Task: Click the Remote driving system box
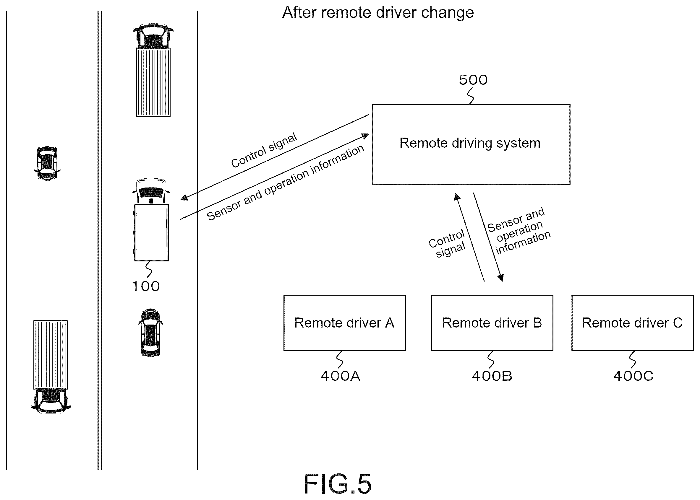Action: [x=471, y=144]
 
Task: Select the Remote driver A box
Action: [x=344, y=323]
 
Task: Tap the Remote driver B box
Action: [x=492, y=323]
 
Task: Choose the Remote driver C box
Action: [x=633, y=323]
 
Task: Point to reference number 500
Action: [x=473, y=80]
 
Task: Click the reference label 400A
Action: [x=340, y=376]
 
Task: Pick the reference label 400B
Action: [x=492, y=376]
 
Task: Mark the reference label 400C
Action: [x=633, y=376]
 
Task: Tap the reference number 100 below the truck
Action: [x=146, y=286]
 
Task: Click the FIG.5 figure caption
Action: [x=338, y=484]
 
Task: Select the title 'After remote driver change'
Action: [x=378, y=13]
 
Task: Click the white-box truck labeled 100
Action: [x=151, y=219]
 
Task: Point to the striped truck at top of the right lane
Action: [x=153, y=70]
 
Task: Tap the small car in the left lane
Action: [x=47, y=163]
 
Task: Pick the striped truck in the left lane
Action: [x=51, y=367]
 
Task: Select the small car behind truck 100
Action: [x=150, y=333]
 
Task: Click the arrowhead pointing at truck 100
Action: [x=184, y=197]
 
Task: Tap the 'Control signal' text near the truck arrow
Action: [x=264, y=150]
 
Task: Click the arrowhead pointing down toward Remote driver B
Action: [x=501, y=277]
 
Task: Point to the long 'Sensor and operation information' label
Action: [x=285, y=183]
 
